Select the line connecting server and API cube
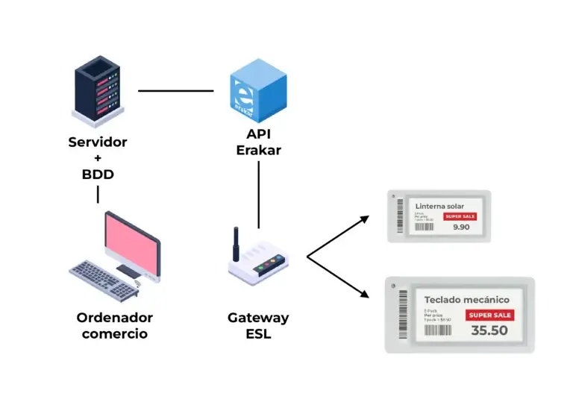tap(176, 91)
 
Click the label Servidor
tap(98, 142)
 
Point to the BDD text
tap(98, 174)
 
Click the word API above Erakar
tap(258, 134)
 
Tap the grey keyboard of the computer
tap(101, 279)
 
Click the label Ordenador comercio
tap(115, 326)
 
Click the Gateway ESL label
tap(258, 326)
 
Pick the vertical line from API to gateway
tap(259, 194)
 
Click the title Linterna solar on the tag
tap(439, 206)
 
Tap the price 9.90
tap(461, 227)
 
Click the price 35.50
tap(489, 330)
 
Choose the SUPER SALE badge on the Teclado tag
tap(489, 315)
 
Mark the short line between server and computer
tap(98, 195)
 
